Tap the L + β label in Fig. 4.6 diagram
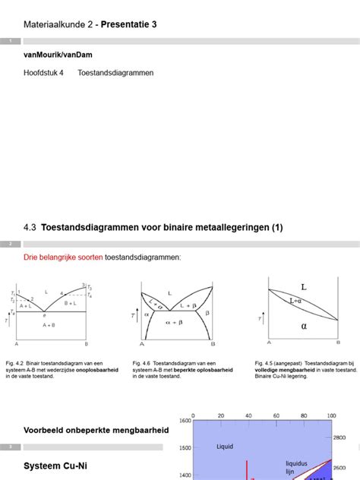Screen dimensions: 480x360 tap(190, 305)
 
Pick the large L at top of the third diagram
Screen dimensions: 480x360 tap(304, 288)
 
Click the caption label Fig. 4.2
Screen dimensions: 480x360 tap(15, 363)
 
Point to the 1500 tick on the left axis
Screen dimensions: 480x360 tap(185, 448)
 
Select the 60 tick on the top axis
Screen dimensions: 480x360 tap(276, 415)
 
